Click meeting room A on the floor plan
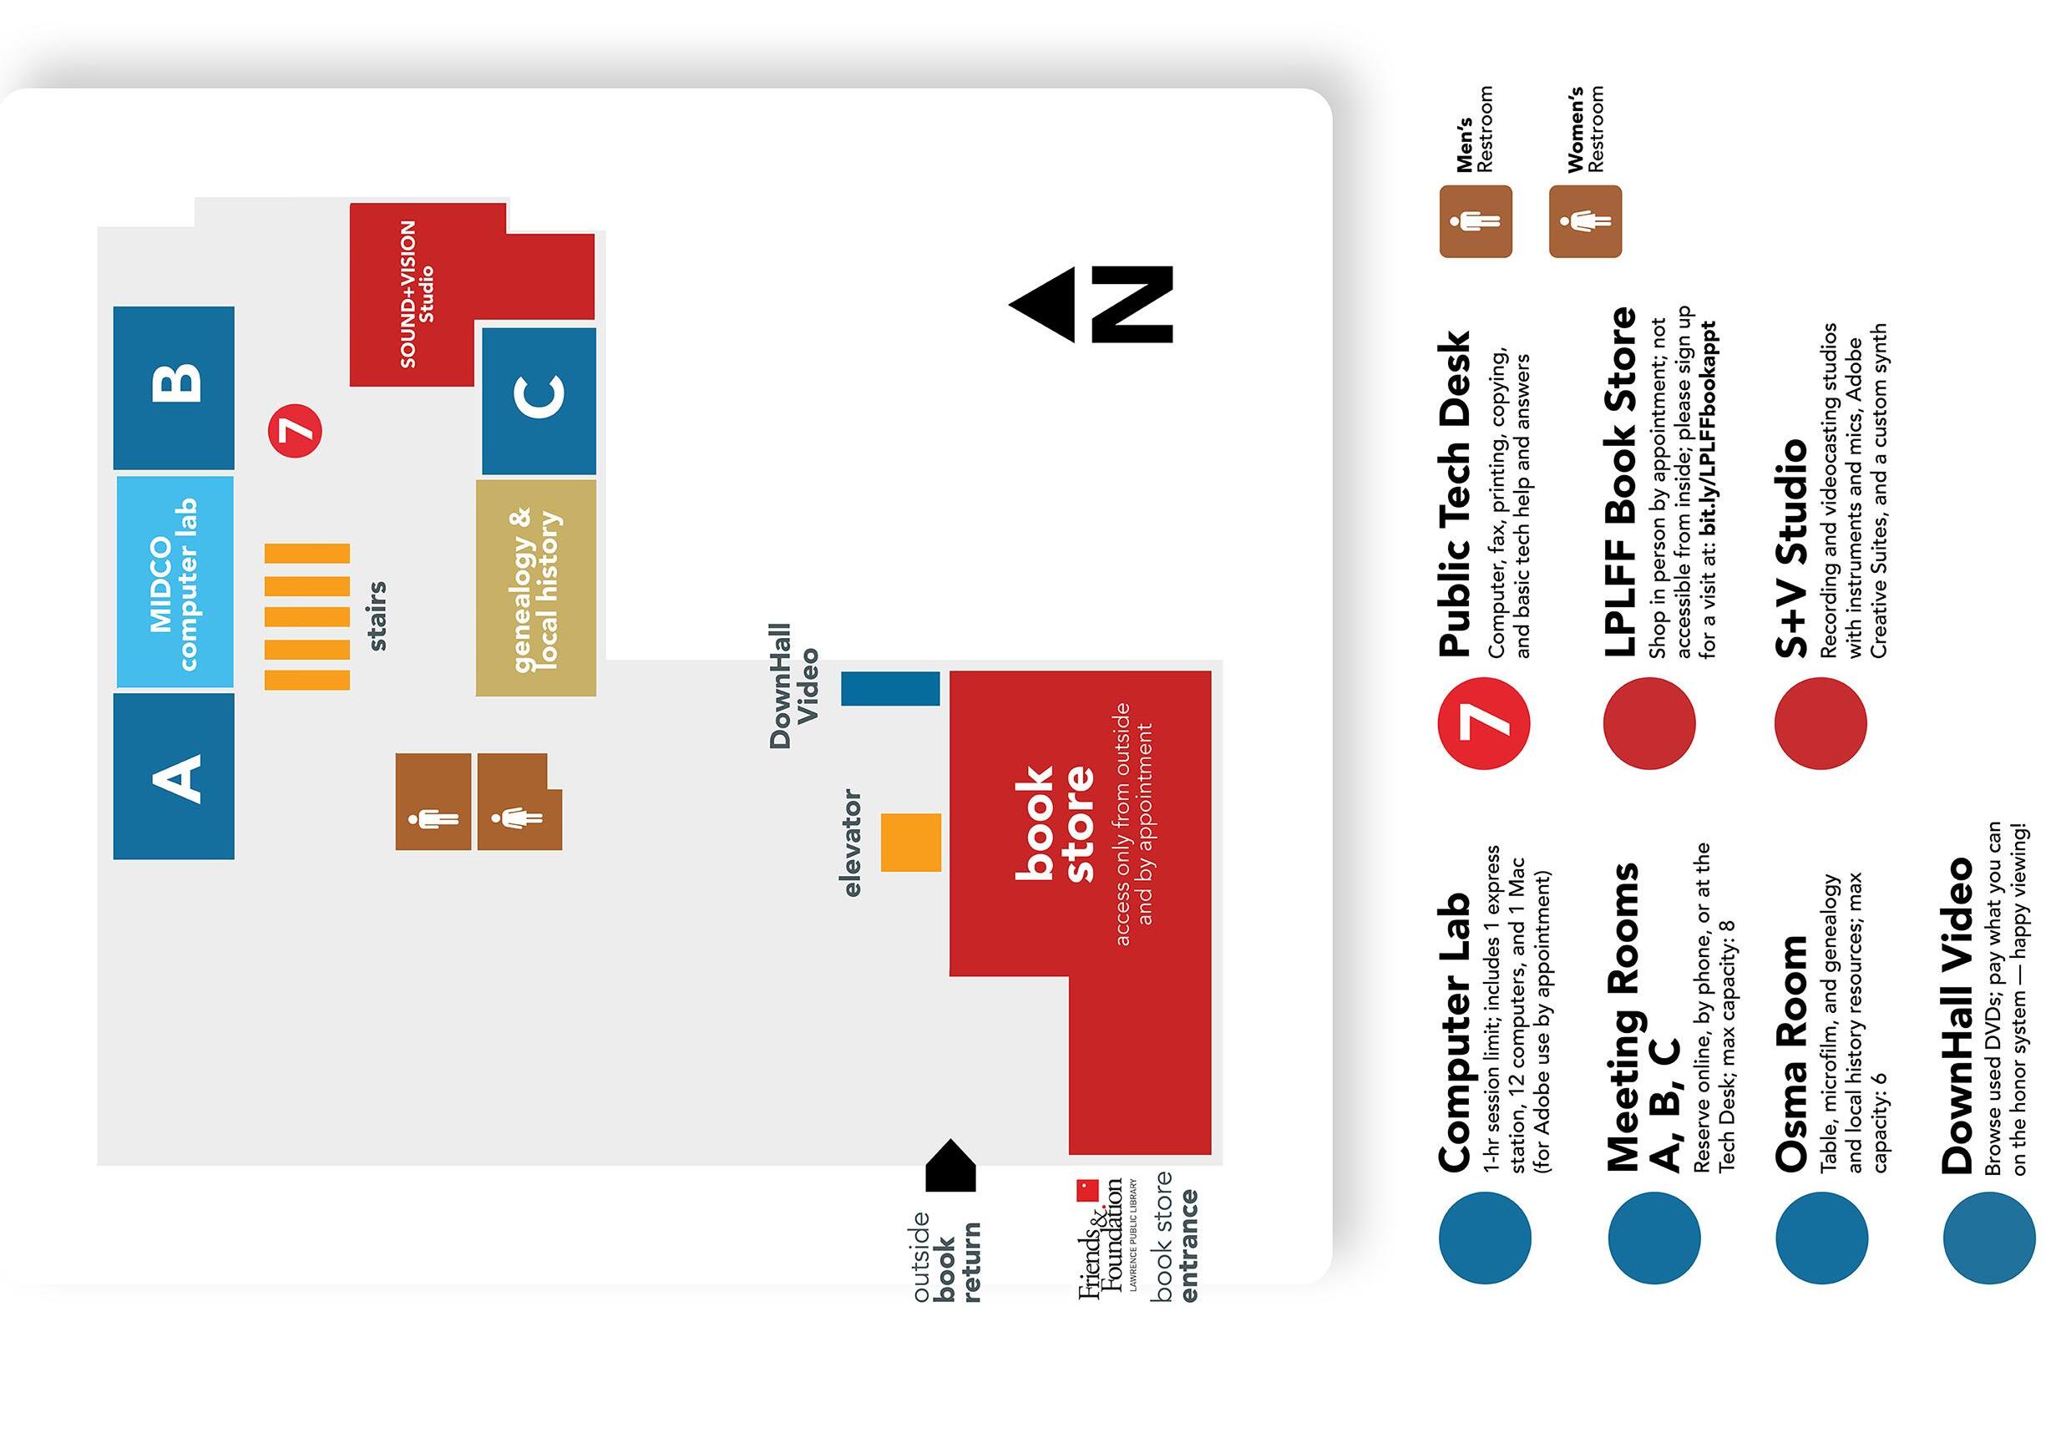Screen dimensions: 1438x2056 174,776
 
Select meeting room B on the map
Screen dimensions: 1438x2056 174,387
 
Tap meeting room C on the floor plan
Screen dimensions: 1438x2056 538,399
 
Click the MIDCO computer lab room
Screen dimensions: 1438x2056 175,582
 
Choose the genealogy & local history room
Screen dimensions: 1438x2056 535,587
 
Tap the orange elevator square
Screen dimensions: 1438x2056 911,842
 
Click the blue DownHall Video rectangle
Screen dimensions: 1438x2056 890,689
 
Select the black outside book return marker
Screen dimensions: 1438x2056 950,1166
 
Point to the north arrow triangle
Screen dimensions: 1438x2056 1042,305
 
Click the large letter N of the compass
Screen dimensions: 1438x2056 1131,305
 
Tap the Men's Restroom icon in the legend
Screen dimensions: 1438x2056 1475,221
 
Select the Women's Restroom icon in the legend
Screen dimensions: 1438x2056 1585,221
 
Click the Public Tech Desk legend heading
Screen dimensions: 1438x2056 1454,494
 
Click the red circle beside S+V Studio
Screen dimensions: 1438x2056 1821,722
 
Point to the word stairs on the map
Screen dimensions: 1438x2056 377,615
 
